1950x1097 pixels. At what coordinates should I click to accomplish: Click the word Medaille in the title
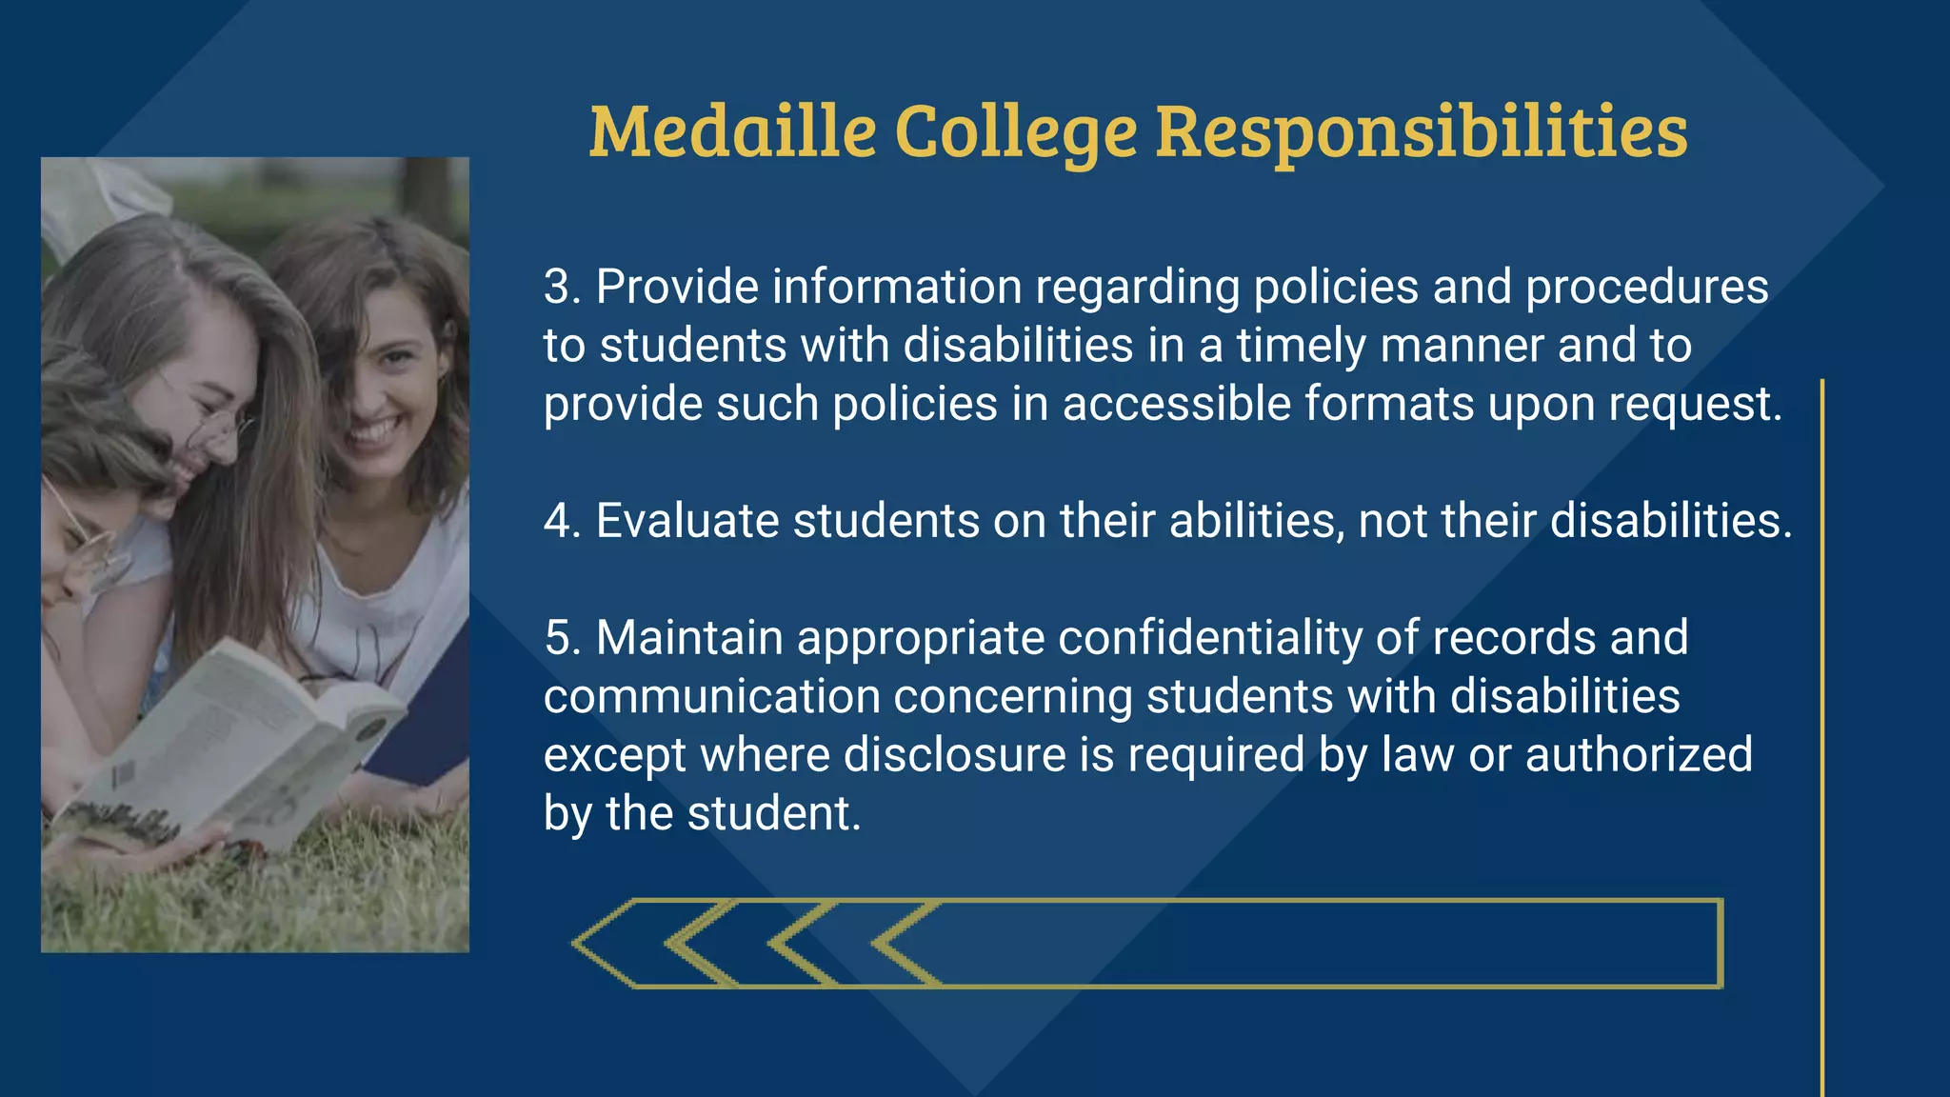coord(732,131)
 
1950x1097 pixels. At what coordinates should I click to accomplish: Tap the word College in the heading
coord(1015,131)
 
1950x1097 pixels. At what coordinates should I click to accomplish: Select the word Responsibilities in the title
coord(1421,131)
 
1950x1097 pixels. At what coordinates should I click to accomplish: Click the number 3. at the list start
coord(563,287)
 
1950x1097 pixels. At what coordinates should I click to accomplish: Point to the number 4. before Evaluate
coord(563,521)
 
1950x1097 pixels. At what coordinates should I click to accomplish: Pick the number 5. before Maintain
coord(563,638)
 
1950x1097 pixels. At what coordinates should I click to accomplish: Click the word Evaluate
coord(687,521)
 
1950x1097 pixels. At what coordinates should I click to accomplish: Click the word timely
coord(1302,346)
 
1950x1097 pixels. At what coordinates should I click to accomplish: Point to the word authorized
coord(1639,755)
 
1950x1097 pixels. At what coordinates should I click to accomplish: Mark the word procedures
coord(1647,287)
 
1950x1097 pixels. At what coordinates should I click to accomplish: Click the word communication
coord(711,697)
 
